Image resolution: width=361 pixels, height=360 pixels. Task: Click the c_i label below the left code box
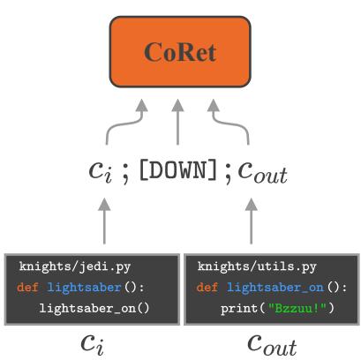point(91,342)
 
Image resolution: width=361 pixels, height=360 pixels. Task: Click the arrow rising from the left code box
point(104,221)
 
